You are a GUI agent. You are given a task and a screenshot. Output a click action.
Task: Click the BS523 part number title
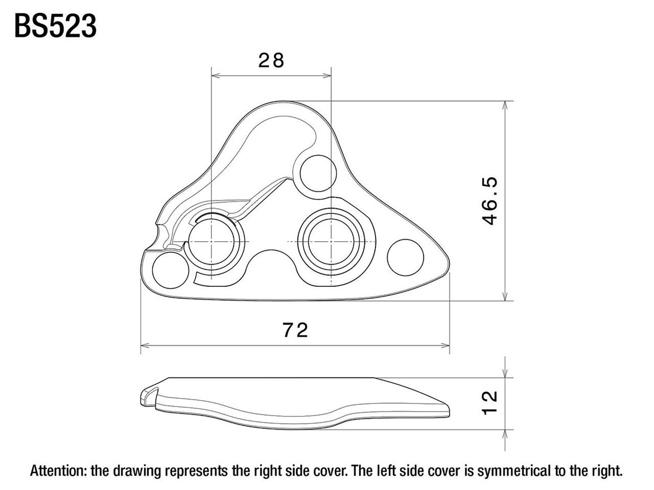[x=56, y=26]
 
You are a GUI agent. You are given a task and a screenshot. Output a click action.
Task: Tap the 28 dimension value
[x=271, y=60]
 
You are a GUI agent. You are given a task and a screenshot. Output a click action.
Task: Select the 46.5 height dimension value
[x=489, y=201]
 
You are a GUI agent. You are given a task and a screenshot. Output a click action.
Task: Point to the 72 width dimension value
[x=295, y=330]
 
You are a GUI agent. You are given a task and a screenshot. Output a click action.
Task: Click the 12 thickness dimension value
[x=489, y=403]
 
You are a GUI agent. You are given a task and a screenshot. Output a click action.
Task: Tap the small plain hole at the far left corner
[x=171, y=270]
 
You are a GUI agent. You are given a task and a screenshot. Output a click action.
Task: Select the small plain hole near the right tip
[x=405, y=258]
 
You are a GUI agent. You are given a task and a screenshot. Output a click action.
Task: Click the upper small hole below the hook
[x=318, y=173]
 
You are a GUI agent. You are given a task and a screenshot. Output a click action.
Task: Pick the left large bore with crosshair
[x=211, y=242]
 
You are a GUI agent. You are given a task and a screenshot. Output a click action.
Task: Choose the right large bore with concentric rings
[x=331, y=242]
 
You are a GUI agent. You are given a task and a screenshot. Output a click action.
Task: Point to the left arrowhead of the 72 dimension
[x=145, y=346]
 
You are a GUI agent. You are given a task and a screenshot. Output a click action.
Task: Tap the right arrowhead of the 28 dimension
[x=327, y=76]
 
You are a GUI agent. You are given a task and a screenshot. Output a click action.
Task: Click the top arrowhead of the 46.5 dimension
[x=505, y=105]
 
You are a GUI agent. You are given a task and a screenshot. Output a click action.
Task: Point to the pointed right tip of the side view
[x=449, y=413]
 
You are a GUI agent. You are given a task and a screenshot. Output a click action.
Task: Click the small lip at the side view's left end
[x=148, y=397]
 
